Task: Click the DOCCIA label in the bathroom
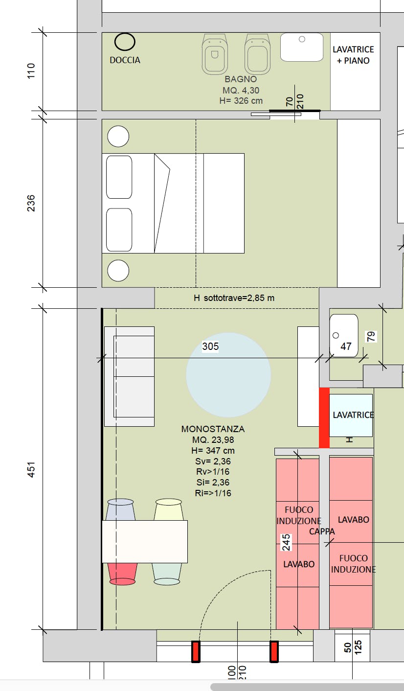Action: click(125, 60)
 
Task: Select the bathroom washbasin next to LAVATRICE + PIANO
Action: click(302, 47)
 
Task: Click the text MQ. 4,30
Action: click(241, 91)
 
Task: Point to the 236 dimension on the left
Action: click(31, 203)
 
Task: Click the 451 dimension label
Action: click(31, 470)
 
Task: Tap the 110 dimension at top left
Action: click(31, 71)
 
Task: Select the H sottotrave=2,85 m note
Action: click(234, 298)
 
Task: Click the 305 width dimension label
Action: click(210, 346)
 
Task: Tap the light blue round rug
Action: click(228, 375)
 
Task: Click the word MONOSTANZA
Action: click(213, 429)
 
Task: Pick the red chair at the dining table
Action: click(122, 574)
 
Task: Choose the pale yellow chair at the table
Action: click(169, 509)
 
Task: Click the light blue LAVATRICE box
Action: click(351, 415)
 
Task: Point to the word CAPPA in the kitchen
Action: click(322, 531)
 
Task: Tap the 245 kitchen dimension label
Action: click(286, 542)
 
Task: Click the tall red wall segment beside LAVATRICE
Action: click(324, 418)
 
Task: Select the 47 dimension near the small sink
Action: click(346, 346)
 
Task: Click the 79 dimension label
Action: click(371, 337)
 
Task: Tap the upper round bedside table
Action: click(118, 137)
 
